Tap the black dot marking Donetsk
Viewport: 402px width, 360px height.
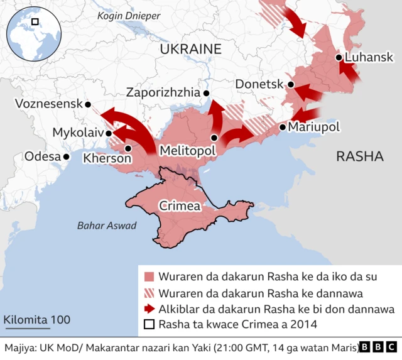click(291, 84)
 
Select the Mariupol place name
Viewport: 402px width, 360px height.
click(313, 127)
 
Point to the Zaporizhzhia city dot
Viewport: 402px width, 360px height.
click(207, 94)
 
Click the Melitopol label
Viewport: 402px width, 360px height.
click(187, 151)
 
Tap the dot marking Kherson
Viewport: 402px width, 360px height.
click(128, 149)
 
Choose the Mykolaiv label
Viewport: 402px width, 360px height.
click(78, 133)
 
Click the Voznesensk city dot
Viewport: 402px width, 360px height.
click(88, 104)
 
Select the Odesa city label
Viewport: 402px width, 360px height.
click(41, 156)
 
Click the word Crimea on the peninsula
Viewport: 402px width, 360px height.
click(180, 205)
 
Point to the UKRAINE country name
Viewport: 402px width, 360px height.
click(190, 49)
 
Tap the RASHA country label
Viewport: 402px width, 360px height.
click(359, 156)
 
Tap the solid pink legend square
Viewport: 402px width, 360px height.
click(149, 276)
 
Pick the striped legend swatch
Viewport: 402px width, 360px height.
click(149, 293)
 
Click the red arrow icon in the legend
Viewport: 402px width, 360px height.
click(149, 309)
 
